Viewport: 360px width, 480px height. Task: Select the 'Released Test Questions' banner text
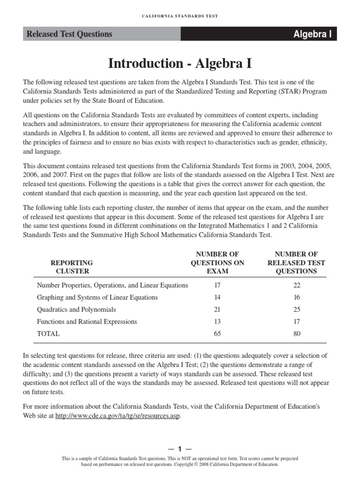[x=69, y=34]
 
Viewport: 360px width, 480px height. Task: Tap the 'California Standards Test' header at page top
[x=180, y=16]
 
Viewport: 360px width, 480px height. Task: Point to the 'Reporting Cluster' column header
[x=72, y=267]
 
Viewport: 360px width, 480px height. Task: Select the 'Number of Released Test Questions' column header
[x=296, y=262]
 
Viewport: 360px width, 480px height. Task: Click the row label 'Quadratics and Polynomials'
[x=76, y=309]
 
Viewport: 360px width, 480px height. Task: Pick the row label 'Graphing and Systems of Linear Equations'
[x=97, y=297]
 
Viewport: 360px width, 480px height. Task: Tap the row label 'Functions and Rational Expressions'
[x=87, y=322]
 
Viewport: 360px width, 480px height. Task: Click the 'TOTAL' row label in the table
[x=48, y=334]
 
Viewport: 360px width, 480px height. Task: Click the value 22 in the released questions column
[x=296, y=285]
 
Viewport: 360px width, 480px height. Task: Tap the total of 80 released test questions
[x=296, y=334]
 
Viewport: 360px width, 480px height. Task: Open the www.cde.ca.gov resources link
[x=117, y=416]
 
